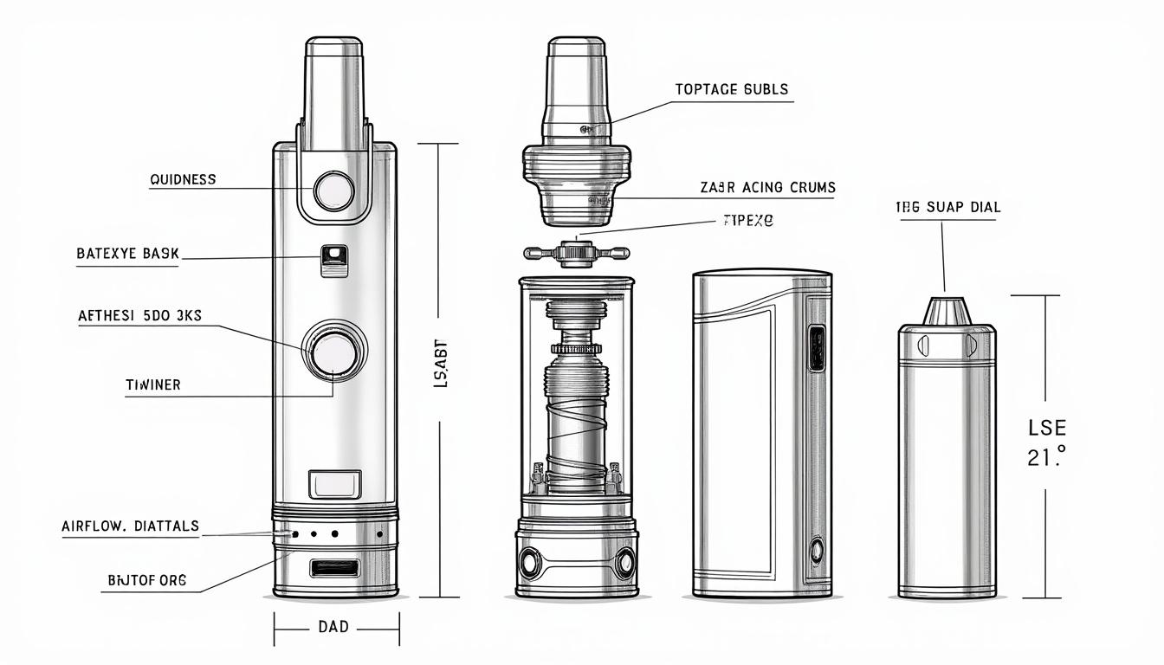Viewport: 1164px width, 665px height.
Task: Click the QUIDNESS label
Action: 183,179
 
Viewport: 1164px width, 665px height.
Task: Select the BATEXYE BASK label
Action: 127,254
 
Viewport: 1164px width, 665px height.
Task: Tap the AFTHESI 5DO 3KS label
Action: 139,316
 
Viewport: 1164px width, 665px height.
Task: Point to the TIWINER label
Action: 153,384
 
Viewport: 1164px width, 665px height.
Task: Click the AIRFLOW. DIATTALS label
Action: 130,526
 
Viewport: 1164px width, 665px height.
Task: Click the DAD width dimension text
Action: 333,626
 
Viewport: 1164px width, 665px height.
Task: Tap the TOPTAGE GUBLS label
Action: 731,89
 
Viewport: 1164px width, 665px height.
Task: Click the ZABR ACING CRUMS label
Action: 767,187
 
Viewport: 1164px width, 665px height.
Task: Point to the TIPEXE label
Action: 747,221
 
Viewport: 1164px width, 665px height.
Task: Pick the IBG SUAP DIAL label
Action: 947,207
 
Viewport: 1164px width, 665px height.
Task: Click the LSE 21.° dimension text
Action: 1046,442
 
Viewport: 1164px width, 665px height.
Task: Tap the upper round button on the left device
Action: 333,191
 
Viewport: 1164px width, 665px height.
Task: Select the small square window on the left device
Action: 333,259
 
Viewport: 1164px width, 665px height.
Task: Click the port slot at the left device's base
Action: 333,568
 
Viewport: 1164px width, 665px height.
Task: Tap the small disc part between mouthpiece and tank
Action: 576,253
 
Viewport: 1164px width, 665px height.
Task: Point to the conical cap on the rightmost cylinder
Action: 946,311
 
